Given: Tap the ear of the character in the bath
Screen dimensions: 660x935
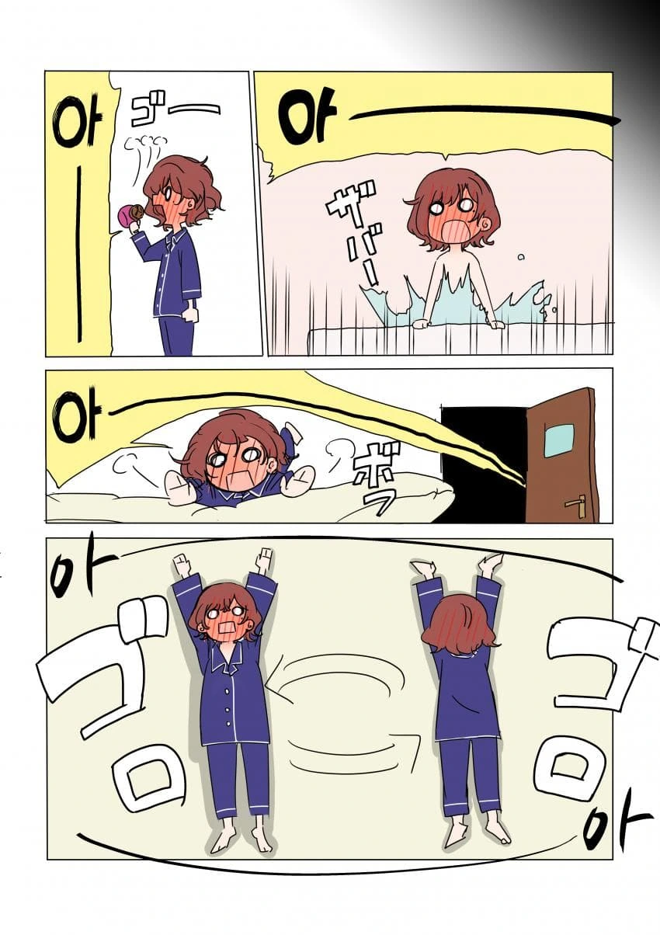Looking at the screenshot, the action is [488, 225].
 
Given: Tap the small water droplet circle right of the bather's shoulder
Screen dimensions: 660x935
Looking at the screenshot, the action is [520, 257].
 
